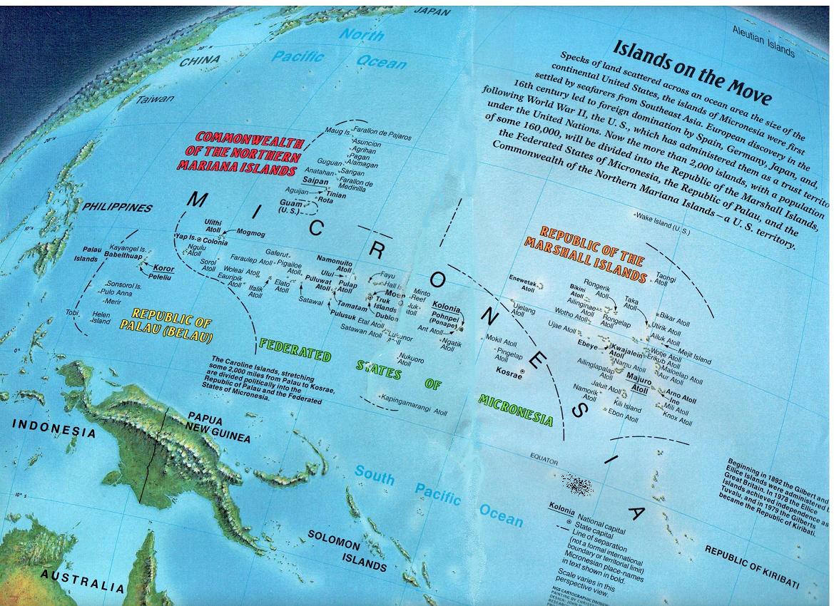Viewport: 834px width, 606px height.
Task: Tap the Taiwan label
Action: [155, 99]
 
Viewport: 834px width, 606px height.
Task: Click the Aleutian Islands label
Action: [763, 41]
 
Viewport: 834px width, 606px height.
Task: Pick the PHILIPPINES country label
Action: [117, 207]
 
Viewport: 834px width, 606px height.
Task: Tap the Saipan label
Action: [315, 182]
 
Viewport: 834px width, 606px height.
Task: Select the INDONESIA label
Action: [54, 428]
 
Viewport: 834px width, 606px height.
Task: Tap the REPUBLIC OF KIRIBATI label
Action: [751, 568]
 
